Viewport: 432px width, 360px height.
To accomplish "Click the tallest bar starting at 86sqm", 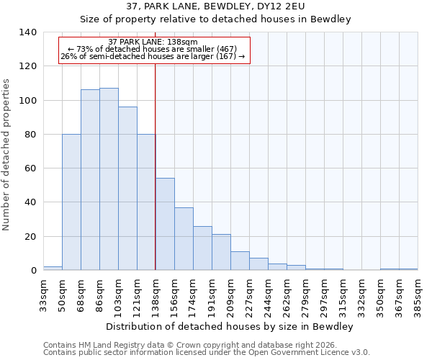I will (109, 179).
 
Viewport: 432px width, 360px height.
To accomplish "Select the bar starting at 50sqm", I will (71, 202).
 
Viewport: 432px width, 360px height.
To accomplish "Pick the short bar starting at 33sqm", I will (53, 269).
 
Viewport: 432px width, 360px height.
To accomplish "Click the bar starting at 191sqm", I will (221, 252).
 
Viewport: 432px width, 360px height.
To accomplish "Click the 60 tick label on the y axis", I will (31, 168).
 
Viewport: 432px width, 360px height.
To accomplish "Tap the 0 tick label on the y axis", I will (34, 271).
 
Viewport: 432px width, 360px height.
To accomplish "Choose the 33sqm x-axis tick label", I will (43, 295).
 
